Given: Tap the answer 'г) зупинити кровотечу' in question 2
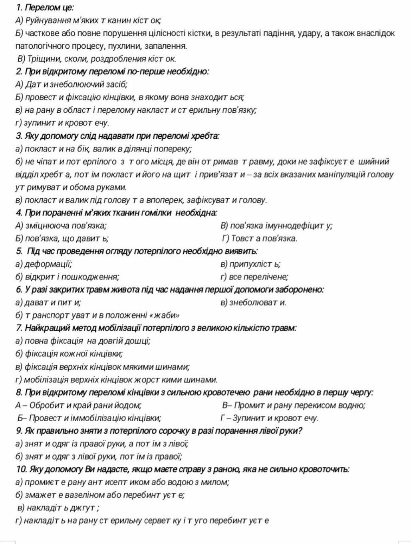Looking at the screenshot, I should click(62, 123).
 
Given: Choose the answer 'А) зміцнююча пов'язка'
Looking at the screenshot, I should click(61, 225).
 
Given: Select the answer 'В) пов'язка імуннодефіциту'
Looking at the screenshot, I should click(276, 225).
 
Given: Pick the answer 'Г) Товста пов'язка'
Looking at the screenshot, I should click(260, 239).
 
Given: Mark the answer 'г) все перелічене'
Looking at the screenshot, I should click(254, 277).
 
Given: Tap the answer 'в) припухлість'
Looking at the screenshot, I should click(250, 264).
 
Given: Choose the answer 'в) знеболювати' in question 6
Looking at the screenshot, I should click(253, 303).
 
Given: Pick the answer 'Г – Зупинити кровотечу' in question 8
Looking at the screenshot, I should click(270, 418).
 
